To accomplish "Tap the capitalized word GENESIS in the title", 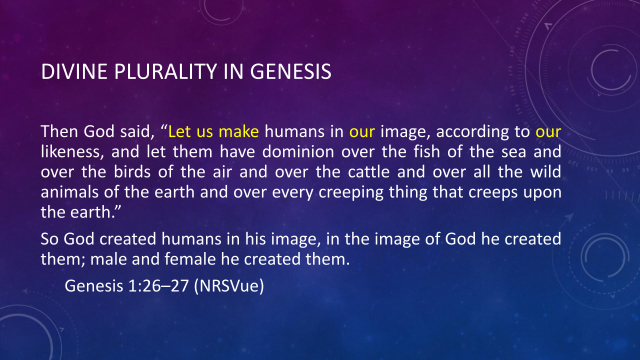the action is pos(291,71).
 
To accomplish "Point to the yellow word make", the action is pos(239,131).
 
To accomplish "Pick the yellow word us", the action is pos(205,133).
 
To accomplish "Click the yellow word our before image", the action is pos(362,133).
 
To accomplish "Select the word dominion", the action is pos(298,151).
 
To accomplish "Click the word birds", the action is pos(132,172).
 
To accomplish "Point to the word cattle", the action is pos(369,172).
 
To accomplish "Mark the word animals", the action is pos(69,192).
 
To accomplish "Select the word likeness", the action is pos(72,151).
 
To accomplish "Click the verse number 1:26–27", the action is pos(158,285).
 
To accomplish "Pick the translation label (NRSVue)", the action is pos(229,286).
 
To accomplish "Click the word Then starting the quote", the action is pos(59,131).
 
